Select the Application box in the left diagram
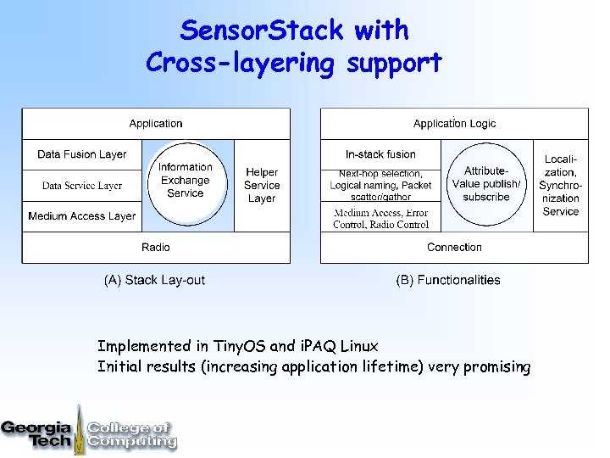click(x=156, y=124)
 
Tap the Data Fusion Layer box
click(x=81, y=154)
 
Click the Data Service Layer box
click(x=81, y=185)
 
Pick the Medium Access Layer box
click(x=81, y=216)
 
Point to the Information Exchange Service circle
click(x=186, y=181)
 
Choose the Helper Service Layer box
click(x=262, y=185)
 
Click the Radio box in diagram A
click(x=156, y=248)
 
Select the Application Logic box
click(x=454, y=124)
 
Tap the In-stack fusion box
click(x=380, y=154)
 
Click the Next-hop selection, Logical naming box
click(x=380, y=185)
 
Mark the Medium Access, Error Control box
click(x=380, y=219)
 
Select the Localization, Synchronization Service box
click(x=560, y=185)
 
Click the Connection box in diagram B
click(x=454, y=248)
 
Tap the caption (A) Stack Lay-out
click(x=154, y=280)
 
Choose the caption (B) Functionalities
click(x=448, y=280)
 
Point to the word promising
click(x=496, y=367)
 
